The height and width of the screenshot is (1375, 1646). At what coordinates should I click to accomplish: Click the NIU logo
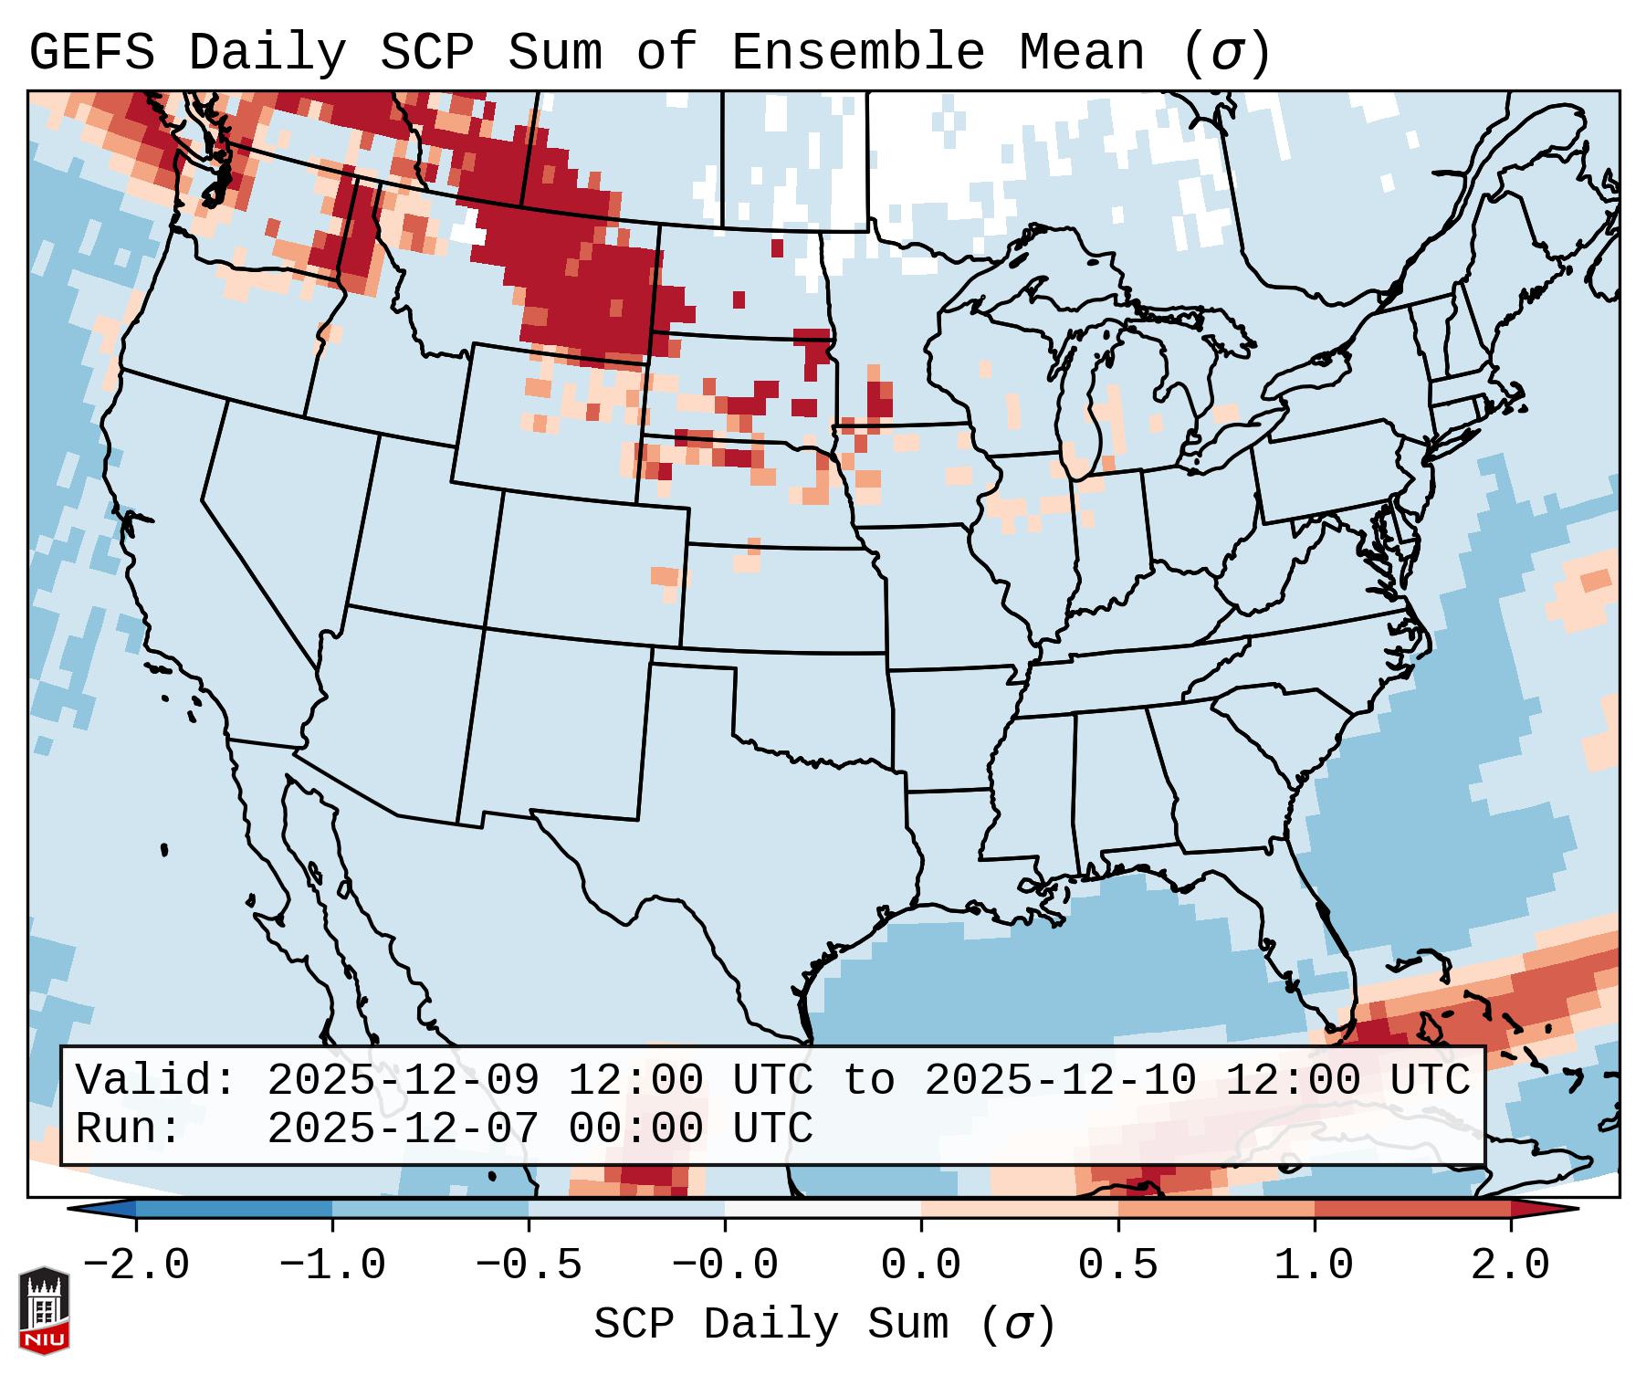coord(44,1310)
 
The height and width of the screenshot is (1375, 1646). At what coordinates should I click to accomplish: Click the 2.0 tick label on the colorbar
coord(1510,1265)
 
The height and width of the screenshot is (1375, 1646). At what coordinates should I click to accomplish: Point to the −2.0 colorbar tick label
coord(136,1265)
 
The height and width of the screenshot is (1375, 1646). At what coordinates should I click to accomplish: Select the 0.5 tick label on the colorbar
coord(1117,1265)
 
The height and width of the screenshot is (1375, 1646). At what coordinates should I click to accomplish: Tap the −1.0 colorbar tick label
coord(332,1265)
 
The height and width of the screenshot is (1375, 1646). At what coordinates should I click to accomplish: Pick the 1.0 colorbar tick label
coord(1314,1265)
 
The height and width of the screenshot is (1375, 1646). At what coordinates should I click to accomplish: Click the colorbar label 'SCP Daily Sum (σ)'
coord(823,1325)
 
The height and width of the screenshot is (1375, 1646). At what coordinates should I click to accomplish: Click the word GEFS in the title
coord(92,52)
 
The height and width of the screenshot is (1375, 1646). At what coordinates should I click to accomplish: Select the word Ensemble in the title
coord(858,52)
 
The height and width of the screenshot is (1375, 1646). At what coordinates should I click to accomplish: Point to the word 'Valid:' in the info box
coord(156,1080)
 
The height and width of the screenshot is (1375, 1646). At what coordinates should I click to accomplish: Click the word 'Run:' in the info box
coord(129,1128)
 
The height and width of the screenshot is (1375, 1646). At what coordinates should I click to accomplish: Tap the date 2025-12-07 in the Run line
coord(403,1128)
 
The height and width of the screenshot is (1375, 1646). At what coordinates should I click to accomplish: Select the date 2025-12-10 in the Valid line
coord(1060,1080)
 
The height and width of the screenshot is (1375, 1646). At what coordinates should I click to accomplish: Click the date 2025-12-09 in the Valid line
coord(403,1080)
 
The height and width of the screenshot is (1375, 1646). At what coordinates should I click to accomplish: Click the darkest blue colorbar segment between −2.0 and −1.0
coord(234,1209)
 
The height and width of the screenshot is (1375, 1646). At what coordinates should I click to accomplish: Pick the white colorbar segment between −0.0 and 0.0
coord(823,1209)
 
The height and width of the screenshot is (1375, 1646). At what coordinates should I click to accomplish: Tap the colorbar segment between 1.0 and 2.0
coord(1412,1209)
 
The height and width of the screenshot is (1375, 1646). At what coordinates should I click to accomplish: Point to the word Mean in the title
coord(1081,52)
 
